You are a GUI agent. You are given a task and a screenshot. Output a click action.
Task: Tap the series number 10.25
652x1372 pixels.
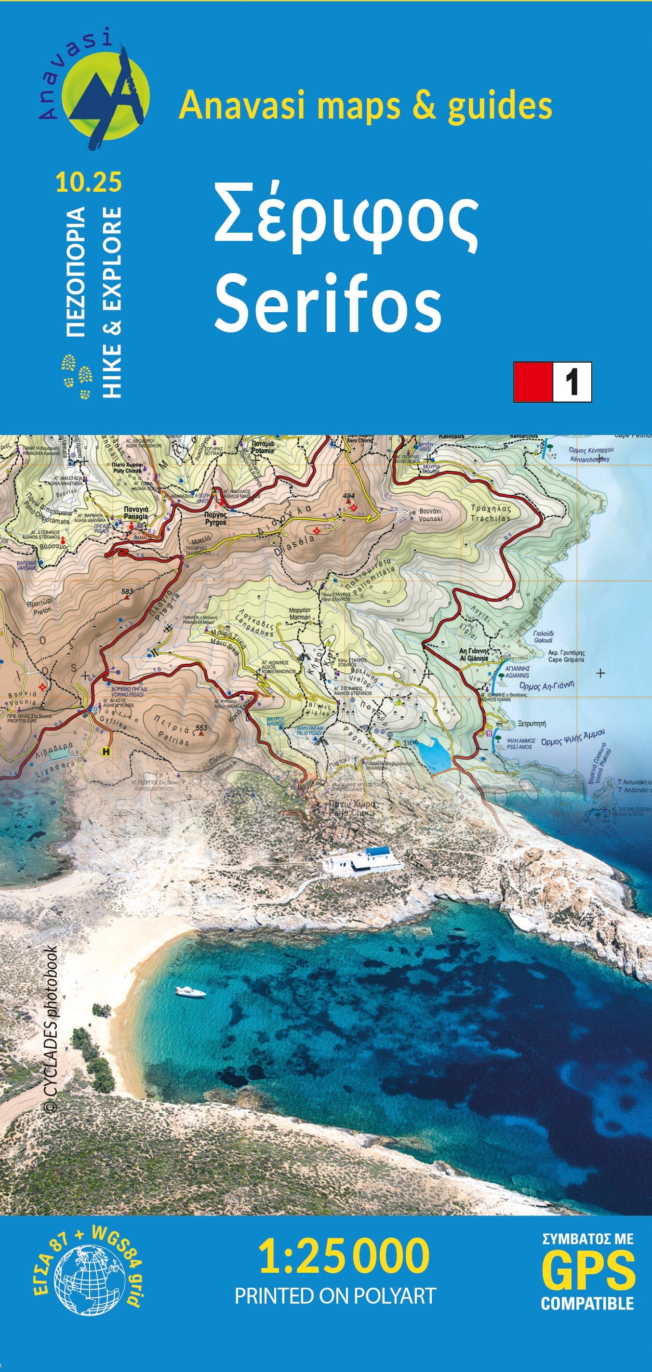pyautogui.click(x=88, y=182)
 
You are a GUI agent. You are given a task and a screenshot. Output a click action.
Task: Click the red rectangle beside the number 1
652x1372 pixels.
pyautogui.click(x=532, y=382)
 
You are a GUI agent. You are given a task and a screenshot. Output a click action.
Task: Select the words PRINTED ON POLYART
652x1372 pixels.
pyautogui.click(x=335, y=1296)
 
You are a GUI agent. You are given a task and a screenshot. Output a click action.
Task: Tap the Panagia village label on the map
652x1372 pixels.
pyautogui.click(x=136, y=513)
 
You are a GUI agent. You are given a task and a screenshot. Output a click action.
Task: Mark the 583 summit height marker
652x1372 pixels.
pyautogui.click(x=127, y=593)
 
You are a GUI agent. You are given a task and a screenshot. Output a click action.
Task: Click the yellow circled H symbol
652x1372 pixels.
pyautogui.click(x=106, y=752)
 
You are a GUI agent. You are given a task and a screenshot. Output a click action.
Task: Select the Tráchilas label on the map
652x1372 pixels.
pyautogui.click(x=490, y=513)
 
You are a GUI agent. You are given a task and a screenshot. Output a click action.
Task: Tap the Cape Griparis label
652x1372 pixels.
pyautogui.click(x=566, y=656)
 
